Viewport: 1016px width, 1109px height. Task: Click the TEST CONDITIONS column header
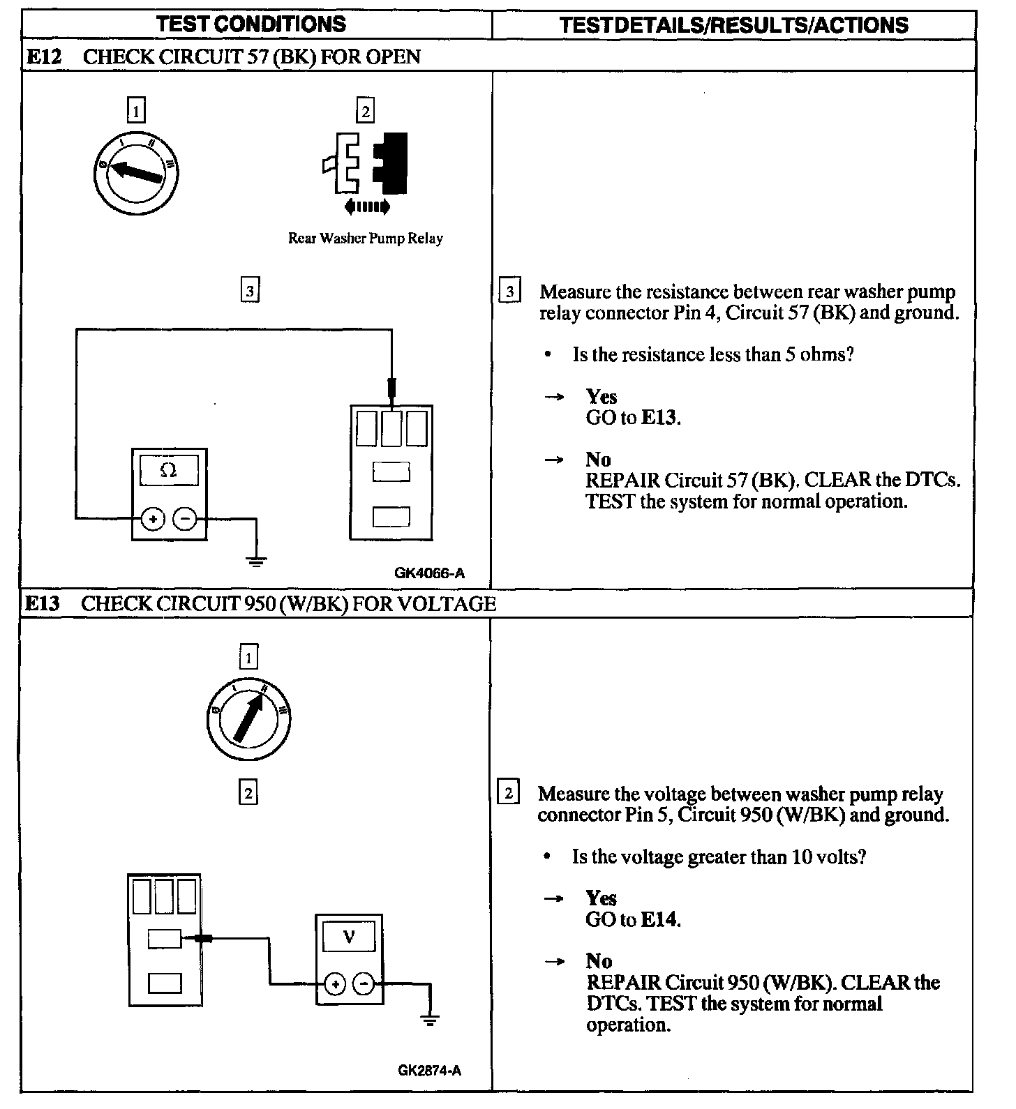coord(251,24)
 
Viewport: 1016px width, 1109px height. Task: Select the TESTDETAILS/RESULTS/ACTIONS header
coord(733,25)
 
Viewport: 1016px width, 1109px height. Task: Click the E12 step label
coord(43,56)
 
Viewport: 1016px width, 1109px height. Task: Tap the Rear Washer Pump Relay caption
coord(366,239)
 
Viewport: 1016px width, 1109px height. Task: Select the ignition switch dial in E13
coord(249,718)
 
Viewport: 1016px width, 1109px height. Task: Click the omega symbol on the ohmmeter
coord(169,471)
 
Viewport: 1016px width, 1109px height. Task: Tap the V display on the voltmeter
coord(350,937)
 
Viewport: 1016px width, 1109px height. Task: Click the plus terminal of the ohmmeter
coord(154,519)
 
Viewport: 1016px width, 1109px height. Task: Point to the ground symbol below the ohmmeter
coord(257,559)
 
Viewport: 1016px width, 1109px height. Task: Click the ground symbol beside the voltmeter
coord(431,1020)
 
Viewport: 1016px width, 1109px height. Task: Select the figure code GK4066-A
coord(429,573)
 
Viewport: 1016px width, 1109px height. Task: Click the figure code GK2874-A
coord(429,1070)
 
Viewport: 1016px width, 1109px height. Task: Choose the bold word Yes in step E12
coord(602,397)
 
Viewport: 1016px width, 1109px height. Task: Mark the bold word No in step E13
coord(599,961)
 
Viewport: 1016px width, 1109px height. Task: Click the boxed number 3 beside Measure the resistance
coord(510,292)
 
